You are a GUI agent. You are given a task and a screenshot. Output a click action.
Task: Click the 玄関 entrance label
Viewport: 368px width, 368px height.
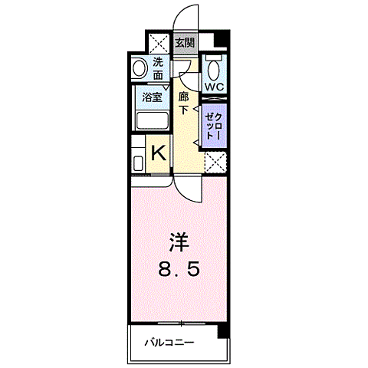pos(185,43)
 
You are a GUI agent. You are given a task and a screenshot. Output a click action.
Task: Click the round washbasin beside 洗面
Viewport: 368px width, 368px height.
pos(139,68)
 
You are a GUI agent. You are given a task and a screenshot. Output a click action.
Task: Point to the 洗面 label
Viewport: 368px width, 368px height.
pos(157,68)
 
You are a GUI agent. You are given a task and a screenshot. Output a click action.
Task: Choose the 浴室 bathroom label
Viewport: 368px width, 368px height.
pos(152,97)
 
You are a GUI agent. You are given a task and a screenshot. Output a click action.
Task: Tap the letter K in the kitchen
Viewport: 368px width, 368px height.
pos(158,153)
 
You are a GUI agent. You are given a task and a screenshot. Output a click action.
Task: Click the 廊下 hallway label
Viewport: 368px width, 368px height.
pos(184,103)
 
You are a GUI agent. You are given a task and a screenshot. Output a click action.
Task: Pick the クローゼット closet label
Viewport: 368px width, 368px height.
pos(213,123)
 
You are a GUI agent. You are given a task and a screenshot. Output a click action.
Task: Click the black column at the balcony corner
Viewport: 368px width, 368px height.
pos(222,331)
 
